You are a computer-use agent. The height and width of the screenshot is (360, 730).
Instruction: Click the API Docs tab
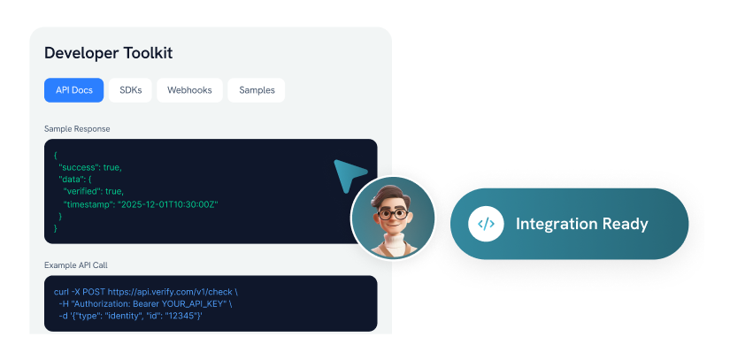(x=74, y=90)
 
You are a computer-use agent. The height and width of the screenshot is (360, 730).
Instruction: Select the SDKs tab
(x=130, y=90)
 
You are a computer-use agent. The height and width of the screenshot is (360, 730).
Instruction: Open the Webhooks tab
(x=189, y=90)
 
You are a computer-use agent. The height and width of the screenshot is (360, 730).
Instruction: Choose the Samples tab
(x=257, y=90)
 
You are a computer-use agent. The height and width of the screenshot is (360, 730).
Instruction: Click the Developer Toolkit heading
(x=109, y=53)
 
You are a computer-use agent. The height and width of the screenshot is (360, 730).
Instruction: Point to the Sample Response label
(x=77, y=129)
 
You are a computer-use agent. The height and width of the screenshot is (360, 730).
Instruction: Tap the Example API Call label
(x=76, y=265)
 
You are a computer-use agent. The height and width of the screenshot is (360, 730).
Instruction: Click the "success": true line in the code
(x=90, y=167)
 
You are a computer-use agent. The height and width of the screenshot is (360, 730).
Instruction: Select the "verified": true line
(x=94, y=192)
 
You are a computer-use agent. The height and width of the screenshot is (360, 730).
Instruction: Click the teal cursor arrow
(x=349, y=175)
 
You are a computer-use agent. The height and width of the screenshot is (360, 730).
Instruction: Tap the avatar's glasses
(x=393, y=214)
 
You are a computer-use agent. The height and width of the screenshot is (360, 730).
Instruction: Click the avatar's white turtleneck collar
(x=393, y=242)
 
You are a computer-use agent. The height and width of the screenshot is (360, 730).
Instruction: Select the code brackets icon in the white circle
(x=486, y=224)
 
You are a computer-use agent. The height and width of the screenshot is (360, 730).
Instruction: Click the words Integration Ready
(x=582, y=224)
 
